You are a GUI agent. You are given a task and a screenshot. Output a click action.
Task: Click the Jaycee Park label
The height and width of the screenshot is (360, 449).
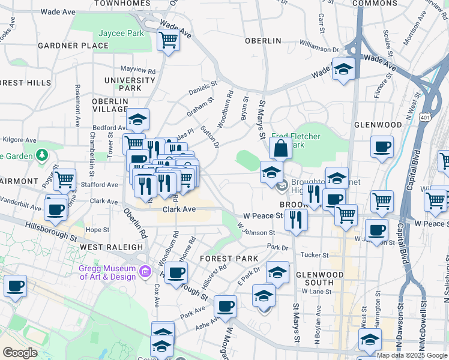[x=122, y=33]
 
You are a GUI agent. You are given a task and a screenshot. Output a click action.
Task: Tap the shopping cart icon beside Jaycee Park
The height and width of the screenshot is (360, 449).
[x=169, y=41]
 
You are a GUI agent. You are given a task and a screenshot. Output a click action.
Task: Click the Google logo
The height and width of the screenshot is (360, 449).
[x=20, y=353]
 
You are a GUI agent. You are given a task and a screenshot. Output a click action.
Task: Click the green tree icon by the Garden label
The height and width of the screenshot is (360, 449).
[x=41, y=156]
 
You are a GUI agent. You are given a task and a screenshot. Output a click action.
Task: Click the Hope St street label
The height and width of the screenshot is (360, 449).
[x=96, y=229]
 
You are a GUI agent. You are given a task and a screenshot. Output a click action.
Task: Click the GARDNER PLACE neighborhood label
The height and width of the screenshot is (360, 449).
[x=64, y=46]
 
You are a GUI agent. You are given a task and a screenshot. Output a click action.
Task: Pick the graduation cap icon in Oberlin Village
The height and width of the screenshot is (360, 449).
[x=138, y=120]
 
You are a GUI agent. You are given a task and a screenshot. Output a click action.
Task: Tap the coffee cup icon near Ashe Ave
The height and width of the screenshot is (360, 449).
[x=226, y=307]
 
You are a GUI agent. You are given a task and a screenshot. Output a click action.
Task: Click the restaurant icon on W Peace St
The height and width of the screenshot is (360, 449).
[x=296, y=220]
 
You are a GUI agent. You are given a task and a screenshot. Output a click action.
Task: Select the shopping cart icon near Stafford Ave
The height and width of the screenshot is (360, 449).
[x=64, y=179]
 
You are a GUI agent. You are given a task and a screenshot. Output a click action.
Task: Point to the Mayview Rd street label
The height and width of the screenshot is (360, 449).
[x=138, y=69]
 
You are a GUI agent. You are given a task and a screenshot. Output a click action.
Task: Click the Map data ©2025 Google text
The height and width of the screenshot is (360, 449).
[x=412, y=355]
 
